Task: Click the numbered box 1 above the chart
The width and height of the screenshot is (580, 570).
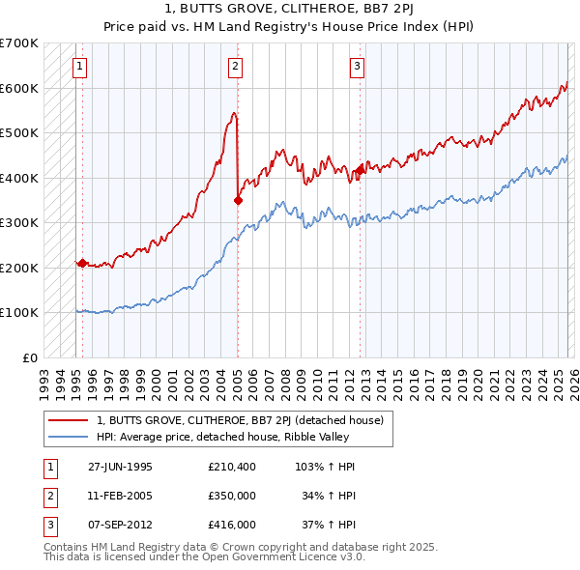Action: pos(78,67)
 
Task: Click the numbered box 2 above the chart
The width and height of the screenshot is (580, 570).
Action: pos(235,67)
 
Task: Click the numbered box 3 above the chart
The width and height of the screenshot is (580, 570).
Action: pos(357,67)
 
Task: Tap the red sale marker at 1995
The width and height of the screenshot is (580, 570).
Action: pos(82,263)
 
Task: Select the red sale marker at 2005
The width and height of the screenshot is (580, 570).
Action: pos(238,200)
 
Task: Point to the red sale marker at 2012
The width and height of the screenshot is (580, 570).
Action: pos(360,170)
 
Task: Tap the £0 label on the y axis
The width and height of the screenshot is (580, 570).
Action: pos(29,357)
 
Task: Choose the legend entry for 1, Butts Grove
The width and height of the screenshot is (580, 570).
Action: pos(240,420)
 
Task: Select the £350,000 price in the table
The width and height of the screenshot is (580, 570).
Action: pos(231,496)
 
